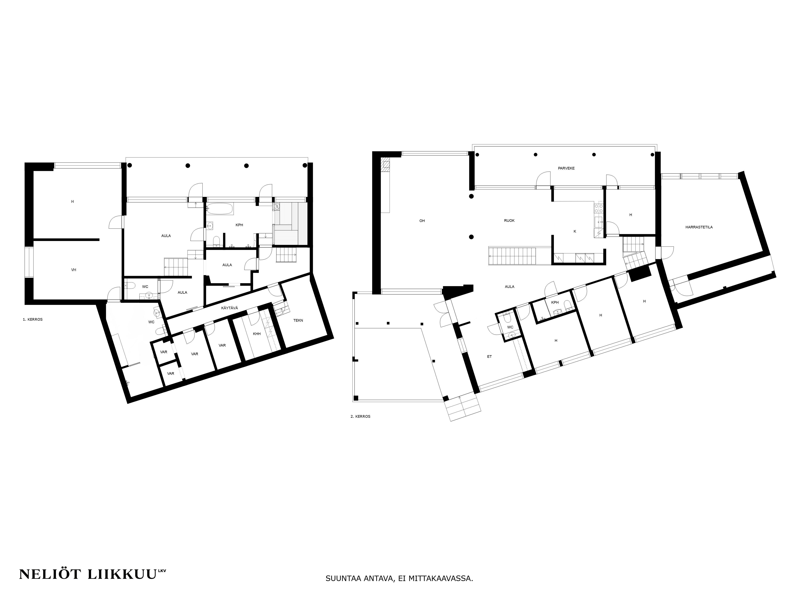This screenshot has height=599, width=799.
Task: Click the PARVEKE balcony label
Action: tap(566, 168)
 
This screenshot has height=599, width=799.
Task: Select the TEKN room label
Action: tap(298, 320)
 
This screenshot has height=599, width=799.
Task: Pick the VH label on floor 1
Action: tap(74, 270)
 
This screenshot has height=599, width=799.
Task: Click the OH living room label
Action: tap(422, 221)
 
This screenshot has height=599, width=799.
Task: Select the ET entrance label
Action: tap(489, 356)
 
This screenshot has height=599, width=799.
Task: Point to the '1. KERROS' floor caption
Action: tap(33, 319)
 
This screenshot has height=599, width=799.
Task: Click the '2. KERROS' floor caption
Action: tap(360, 416)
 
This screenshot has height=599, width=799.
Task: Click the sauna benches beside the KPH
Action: tap(291, 224)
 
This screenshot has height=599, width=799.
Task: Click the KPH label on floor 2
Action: tap(555, 302)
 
